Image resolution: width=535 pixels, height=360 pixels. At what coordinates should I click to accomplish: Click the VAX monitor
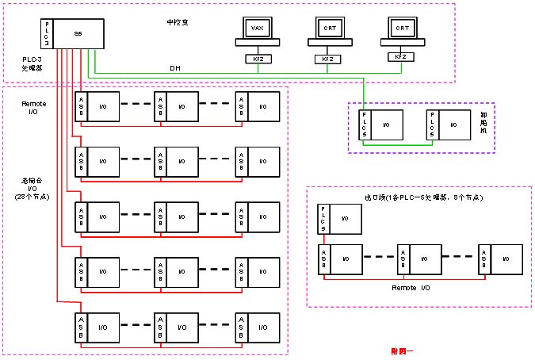(256, 29)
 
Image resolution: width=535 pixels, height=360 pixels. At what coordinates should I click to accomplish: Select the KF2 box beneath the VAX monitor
(256, 59)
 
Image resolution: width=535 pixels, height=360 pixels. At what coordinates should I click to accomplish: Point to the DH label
(174, 67)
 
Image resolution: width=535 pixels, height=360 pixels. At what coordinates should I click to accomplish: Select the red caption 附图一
(403, 349)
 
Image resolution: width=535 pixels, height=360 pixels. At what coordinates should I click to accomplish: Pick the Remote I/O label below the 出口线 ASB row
(411, 289)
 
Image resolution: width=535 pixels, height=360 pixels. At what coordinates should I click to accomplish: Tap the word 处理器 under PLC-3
(32, 69)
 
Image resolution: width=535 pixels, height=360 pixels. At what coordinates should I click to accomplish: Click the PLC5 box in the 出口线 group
(323, 219)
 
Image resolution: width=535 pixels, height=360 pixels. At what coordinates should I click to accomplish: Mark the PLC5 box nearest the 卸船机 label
(430, 124)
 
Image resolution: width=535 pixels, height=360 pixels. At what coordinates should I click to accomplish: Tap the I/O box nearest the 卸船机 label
(453, 124)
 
